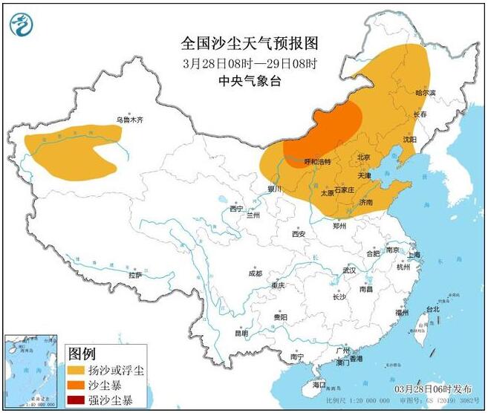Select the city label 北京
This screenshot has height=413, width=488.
363,157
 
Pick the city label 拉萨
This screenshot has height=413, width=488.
134,275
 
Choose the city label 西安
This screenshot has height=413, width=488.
299,233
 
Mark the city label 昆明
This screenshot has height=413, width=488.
241,334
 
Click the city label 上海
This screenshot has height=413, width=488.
414,255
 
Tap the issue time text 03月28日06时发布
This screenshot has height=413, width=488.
433,388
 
